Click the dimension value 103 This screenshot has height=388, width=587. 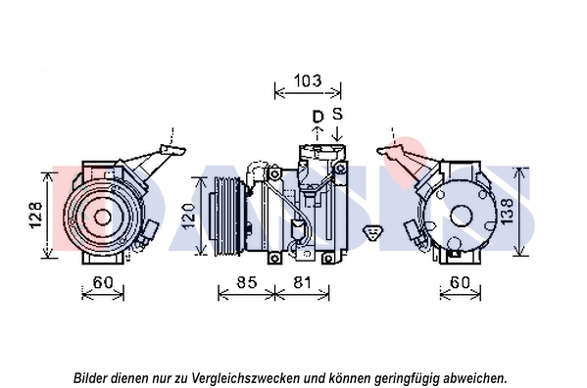(308, 80)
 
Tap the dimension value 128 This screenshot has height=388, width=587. (35, 216)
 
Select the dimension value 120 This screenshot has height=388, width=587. (188, 216)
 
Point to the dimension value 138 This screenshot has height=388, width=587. (507, 212)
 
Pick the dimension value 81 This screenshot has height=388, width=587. (302, 282)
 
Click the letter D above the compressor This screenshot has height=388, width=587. (318, 117)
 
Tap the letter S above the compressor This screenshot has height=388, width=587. (338, 114)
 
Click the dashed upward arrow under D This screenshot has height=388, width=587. (318, 133)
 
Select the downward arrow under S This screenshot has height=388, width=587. (338, 133)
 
